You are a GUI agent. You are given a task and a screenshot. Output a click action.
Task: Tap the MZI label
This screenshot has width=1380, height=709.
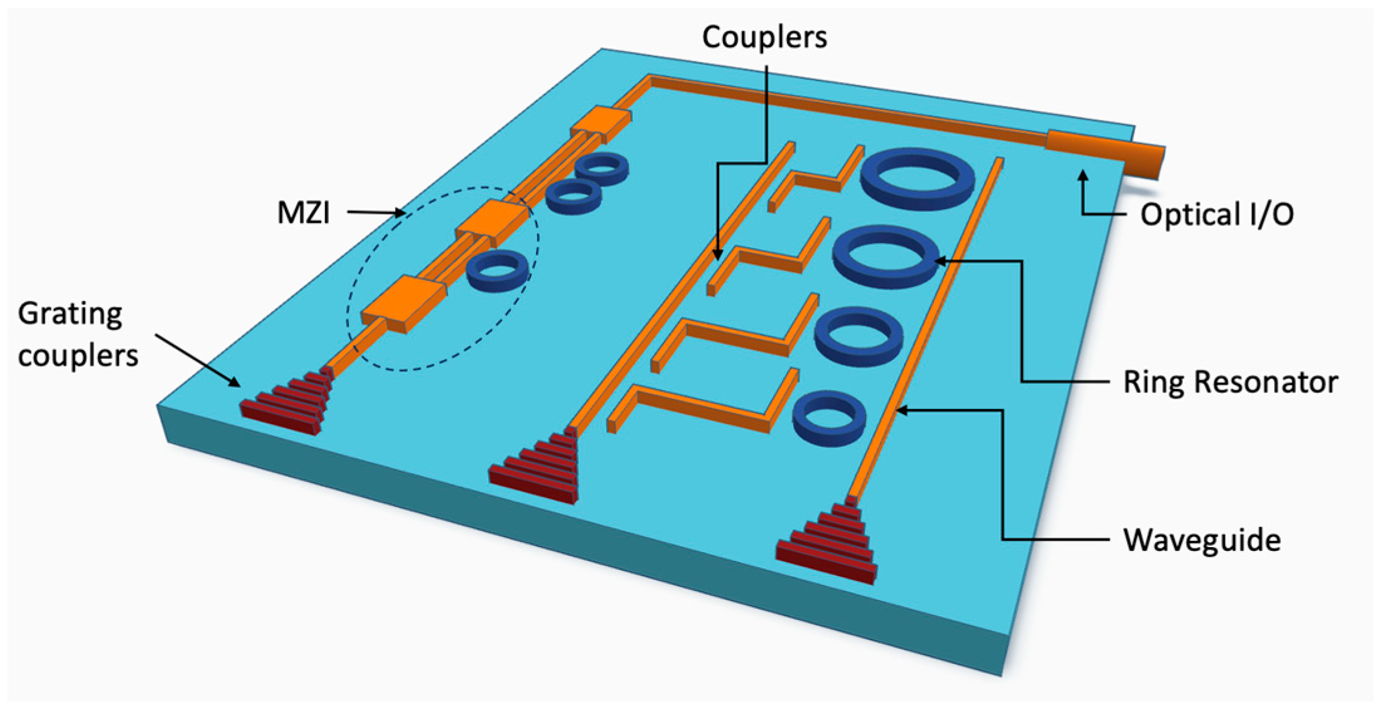pyautogui.click(x=303, y=213)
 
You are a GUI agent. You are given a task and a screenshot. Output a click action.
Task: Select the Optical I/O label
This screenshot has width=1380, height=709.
pyautogui.click(x=1216, y=215)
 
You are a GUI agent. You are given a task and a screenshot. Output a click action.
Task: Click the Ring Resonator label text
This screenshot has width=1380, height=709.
pyautogui.click(x=1230, y=381)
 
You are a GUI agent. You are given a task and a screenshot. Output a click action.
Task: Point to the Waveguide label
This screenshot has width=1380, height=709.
pyautogui.click(x=1201, y=540)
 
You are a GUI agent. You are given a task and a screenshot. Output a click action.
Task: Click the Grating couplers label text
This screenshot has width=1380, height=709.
pyautogui.click(x=77, y=334)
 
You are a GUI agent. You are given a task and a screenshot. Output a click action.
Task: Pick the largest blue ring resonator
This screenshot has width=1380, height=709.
pyautogui.click(x=917, y=179)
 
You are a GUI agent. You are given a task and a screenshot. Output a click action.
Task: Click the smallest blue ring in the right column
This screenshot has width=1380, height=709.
pyautogui.click(x=829, y=418)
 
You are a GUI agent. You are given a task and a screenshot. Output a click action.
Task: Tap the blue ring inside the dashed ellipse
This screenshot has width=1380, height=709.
pyautogui.click(x=498, y=271)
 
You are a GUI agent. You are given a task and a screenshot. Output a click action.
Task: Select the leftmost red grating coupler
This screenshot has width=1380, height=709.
pyautogui.click(x=286, y=402)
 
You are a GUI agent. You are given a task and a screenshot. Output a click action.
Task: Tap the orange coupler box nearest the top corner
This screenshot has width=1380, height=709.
pyautogui.click(x=601, y=125)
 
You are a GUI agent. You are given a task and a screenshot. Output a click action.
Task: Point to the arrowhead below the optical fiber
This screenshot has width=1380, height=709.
pyautogui.click(x=1082, y=176)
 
